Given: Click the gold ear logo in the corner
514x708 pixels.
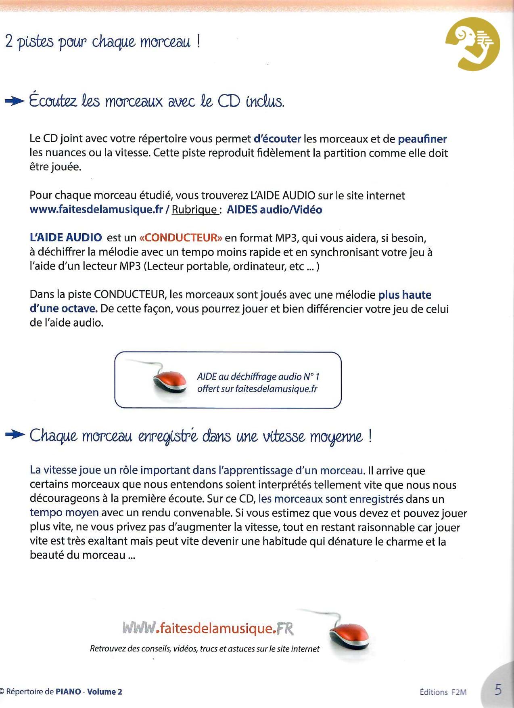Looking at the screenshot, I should point(472,44).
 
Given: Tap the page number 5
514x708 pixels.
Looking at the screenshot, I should point(498,689).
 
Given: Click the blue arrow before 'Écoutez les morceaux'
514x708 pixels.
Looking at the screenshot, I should point(15,101).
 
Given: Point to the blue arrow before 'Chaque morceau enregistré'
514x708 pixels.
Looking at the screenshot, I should point(15,435).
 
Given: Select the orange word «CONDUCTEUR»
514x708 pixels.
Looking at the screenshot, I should point(180,238).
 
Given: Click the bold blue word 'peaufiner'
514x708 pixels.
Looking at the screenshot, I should point(422,139).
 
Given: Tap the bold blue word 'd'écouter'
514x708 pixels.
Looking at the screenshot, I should point(277,139).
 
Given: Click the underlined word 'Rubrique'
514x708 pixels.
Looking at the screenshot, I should point(194,209).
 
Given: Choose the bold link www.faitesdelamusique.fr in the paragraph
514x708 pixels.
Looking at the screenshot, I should point(96,209).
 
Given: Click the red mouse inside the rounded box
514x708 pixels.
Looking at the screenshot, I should point(170,380).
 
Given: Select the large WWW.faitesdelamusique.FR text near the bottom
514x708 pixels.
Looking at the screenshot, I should point(208,628).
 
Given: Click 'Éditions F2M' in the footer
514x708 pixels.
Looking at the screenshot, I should point(443,692).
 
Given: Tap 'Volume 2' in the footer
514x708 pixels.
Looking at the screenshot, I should point(104,691).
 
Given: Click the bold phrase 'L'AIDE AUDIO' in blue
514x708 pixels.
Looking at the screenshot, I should point(66,237).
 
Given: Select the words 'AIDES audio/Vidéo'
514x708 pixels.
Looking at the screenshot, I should point(274,209).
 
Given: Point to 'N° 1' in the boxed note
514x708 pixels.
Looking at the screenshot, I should point(311,377).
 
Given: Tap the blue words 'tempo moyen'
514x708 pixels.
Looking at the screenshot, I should point(64,513).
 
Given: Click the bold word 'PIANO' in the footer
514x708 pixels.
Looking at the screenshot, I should point(68,691).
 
